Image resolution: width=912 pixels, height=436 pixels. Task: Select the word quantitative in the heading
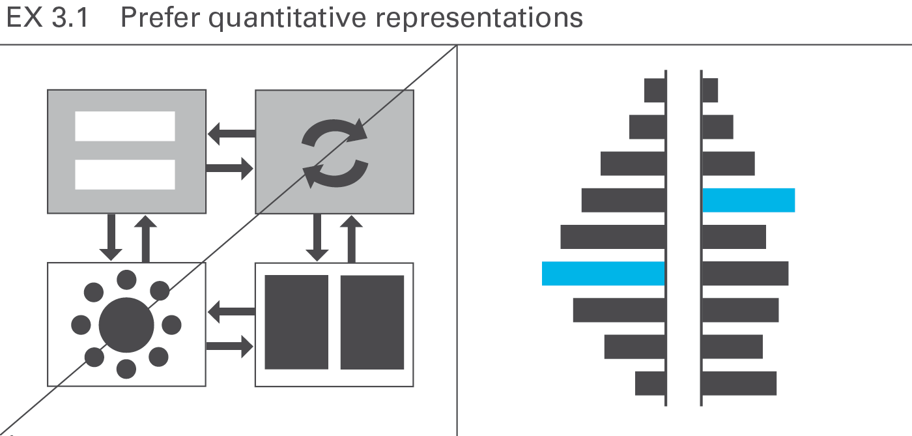tap(287, 20)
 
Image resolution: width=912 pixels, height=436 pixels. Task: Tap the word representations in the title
tap(479, 20)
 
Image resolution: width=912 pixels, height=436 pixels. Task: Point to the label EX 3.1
tap(47, 18)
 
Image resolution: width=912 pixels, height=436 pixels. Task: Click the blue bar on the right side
tap(748, 200)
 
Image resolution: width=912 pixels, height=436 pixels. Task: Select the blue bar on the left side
tap(603, 274)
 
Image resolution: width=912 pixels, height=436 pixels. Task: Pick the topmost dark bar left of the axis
tap(655, 90)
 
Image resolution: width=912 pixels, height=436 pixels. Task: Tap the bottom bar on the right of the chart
tap(739, 383)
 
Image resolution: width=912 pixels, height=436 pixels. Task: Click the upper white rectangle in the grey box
tap(125, 126)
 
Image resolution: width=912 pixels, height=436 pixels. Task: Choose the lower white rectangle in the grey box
tap(125, 175)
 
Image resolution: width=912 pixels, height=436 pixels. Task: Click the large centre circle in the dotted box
tap(126, 325)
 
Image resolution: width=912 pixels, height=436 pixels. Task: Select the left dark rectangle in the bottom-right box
tap(296, 322)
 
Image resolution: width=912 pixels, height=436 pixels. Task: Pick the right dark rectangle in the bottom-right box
tap(372, 322)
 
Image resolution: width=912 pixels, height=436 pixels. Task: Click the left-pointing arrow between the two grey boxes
tap(231, 133)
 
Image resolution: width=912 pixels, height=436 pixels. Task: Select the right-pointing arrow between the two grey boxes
tap(229, 168)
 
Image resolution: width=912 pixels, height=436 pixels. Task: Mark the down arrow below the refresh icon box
tap(317, 238)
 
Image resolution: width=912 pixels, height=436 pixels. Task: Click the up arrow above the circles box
tap(145, 239)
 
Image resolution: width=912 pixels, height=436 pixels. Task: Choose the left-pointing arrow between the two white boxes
tap(231, 312)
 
